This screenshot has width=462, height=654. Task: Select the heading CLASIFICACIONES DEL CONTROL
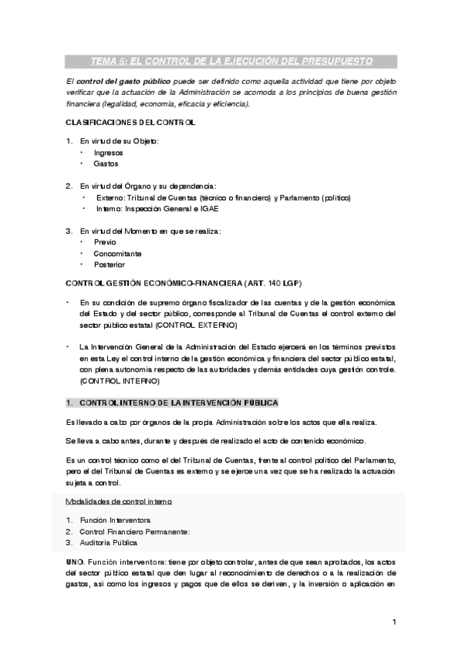coord(130,123)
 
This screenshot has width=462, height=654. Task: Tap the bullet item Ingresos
coord(108,153)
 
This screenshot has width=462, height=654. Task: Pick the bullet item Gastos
coord(106,163)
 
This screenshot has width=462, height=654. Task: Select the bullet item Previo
coord(105,242)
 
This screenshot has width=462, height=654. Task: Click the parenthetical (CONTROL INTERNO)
coord(119,381)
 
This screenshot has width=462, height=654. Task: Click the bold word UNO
coord(76,563)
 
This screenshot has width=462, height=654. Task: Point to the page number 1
coord(393,622)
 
